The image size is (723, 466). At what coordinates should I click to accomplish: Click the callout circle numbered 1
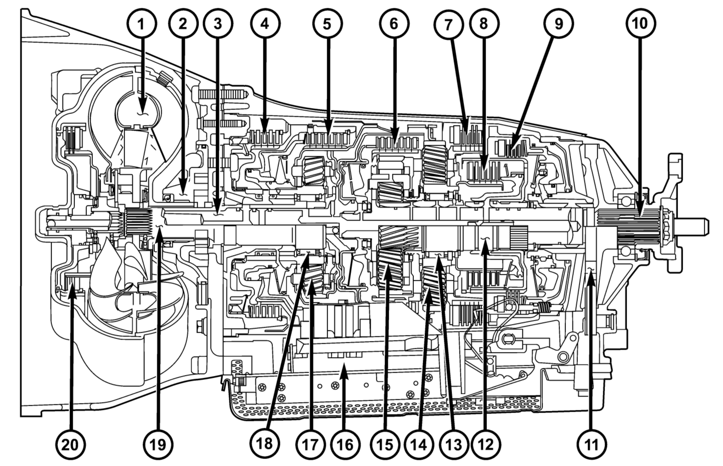pos(141,24)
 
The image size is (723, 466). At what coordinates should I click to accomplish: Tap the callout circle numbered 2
pos(183,24)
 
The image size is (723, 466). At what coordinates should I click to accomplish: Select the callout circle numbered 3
pos(217,24)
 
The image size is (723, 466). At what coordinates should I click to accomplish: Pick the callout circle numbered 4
pos(264,24)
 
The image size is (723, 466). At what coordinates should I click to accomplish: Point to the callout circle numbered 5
pos(326,24)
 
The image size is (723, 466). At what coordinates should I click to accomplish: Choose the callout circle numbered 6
pos(394,24)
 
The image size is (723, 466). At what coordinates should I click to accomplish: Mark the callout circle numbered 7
pos(448,24)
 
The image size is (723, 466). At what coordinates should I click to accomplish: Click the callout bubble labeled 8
pos(483,24)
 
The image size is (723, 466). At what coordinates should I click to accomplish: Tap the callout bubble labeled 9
pos(558,24)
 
